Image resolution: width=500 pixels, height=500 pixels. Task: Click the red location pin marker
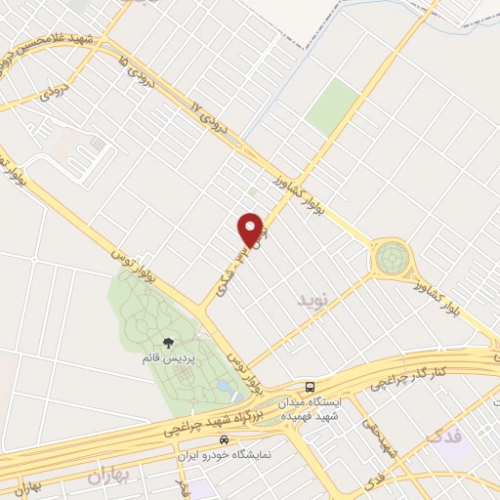252,229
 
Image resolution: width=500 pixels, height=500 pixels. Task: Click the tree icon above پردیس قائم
168,343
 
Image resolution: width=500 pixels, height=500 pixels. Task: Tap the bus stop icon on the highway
309,386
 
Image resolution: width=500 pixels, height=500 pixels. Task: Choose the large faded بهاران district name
107,478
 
